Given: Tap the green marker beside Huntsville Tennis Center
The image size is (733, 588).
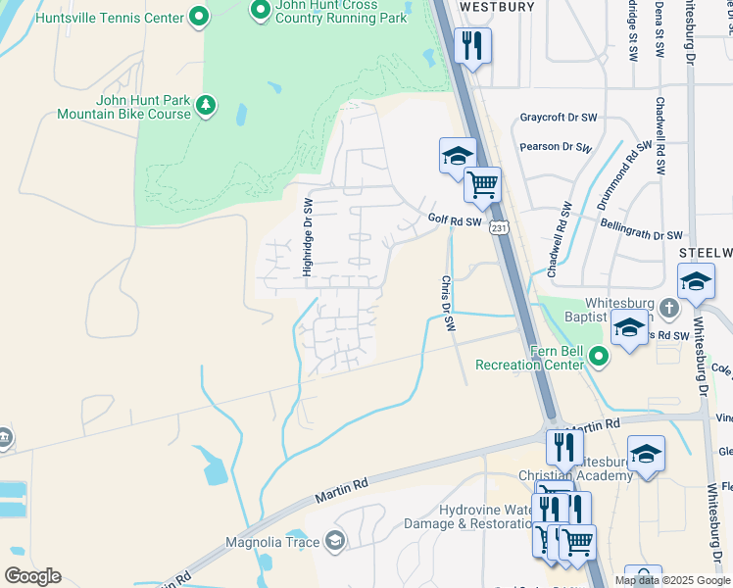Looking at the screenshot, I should click(x=199, y=16).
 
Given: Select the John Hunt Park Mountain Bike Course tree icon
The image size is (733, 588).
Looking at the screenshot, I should click(x=206, y=105).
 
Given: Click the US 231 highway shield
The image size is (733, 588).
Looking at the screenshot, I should click(x=500, y=227).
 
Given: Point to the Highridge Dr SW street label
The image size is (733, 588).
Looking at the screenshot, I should click(x=308, y=237).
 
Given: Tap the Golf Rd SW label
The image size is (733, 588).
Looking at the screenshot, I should click(x=455, y=221).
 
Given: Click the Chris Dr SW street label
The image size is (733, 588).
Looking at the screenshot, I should click(x=448, y=303).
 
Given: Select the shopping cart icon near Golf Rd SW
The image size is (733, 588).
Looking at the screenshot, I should click(x=482, y=183).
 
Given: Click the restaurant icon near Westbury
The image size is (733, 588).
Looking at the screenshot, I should click(x=472, y=44).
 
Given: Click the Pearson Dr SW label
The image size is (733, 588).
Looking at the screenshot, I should click(x=557, y=147).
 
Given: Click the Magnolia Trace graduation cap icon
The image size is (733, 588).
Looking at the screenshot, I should click(x=335, y=541).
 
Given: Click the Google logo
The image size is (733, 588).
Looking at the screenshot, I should click(x=32, y=576).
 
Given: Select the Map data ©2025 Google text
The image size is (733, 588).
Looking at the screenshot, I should click(x=671, y=580).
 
